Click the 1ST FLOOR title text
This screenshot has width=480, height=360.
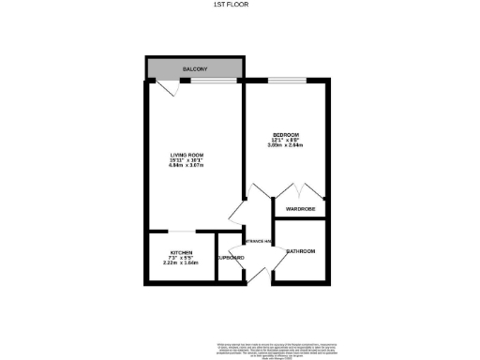pos(240,7)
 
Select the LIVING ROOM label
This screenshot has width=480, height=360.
pos(187,155)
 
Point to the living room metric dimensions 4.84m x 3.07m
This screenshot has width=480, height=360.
pos(187,166)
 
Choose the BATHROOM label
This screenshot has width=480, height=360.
pos(300,251)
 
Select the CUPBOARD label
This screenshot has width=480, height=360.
pos(230,257)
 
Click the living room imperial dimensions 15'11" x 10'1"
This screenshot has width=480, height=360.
pos(187,160)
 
